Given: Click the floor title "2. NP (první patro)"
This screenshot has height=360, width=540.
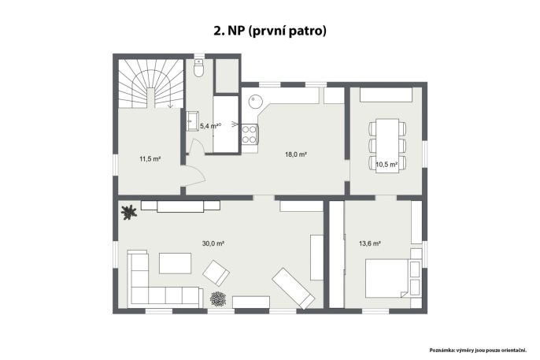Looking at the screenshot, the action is [270, 31].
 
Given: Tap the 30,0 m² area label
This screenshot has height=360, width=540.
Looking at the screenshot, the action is [213, 243].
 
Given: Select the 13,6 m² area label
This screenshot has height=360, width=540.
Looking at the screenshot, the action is [369, 243].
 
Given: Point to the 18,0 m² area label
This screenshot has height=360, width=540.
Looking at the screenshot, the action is [296, 154].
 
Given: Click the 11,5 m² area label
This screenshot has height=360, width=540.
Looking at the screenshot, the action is [150, 159].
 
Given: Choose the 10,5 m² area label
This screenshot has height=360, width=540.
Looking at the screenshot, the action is [387, 165].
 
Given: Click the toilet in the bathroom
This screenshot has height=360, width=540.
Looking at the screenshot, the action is [198, 68].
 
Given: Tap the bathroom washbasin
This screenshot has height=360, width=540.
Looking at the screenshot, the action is [192, 121].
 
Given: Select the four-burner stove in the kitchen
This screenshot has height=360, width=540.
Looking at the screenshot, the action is [250, 134].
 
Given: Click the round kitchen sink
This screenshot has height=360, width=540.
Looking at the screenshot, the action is [256, 102].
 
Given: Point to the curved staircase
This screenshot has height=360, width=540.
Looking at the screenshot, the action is [150, 84].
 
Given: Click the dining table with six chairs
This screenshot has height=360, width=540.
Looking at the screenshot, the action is [387, 146].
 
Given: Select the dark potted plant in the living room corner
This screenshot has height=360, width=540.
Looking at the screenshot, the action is [129, 212].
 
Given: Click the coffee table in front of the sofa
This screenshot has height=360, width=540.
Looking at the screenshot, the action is [175, 263].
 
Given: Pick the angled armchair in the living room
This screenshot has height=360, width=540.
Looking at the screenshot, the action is [216, 273].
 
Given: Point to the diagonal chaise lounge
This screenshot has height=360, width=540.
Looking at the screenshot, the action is [293, 288].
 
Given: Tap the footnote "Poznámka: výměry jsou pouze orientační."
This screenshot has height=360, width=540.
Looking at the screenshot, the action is [478, 351].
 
